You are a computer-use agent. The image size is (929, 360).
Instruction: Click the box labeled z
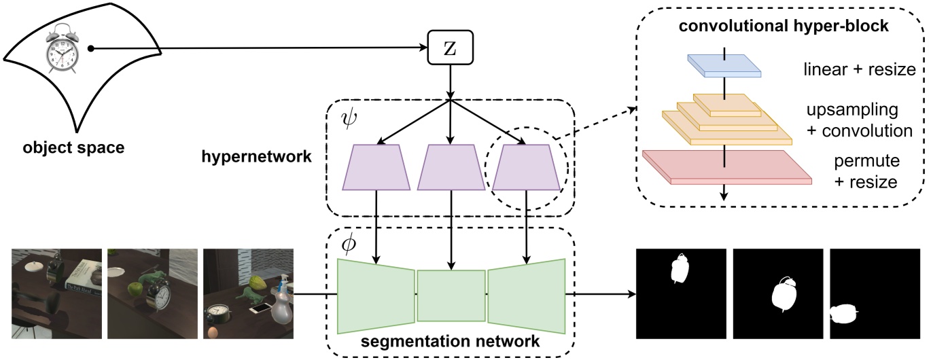pyautogui.click(x=449, y=50)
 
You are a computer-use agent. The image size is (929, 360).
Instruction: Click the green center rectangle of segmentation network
pyautogui.click(x=451, y=295)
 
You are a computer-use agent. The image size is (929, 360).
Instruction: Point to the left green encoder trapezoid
pyautogui.click(x=376, y=295)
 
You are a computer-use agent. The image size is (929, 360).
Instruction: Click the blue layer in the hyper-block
pyautogui.click(x=724, y=65)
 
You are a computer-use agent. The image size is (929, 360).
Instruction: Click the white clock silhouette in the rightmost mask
pyautogui.click(x=844, y=313)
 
